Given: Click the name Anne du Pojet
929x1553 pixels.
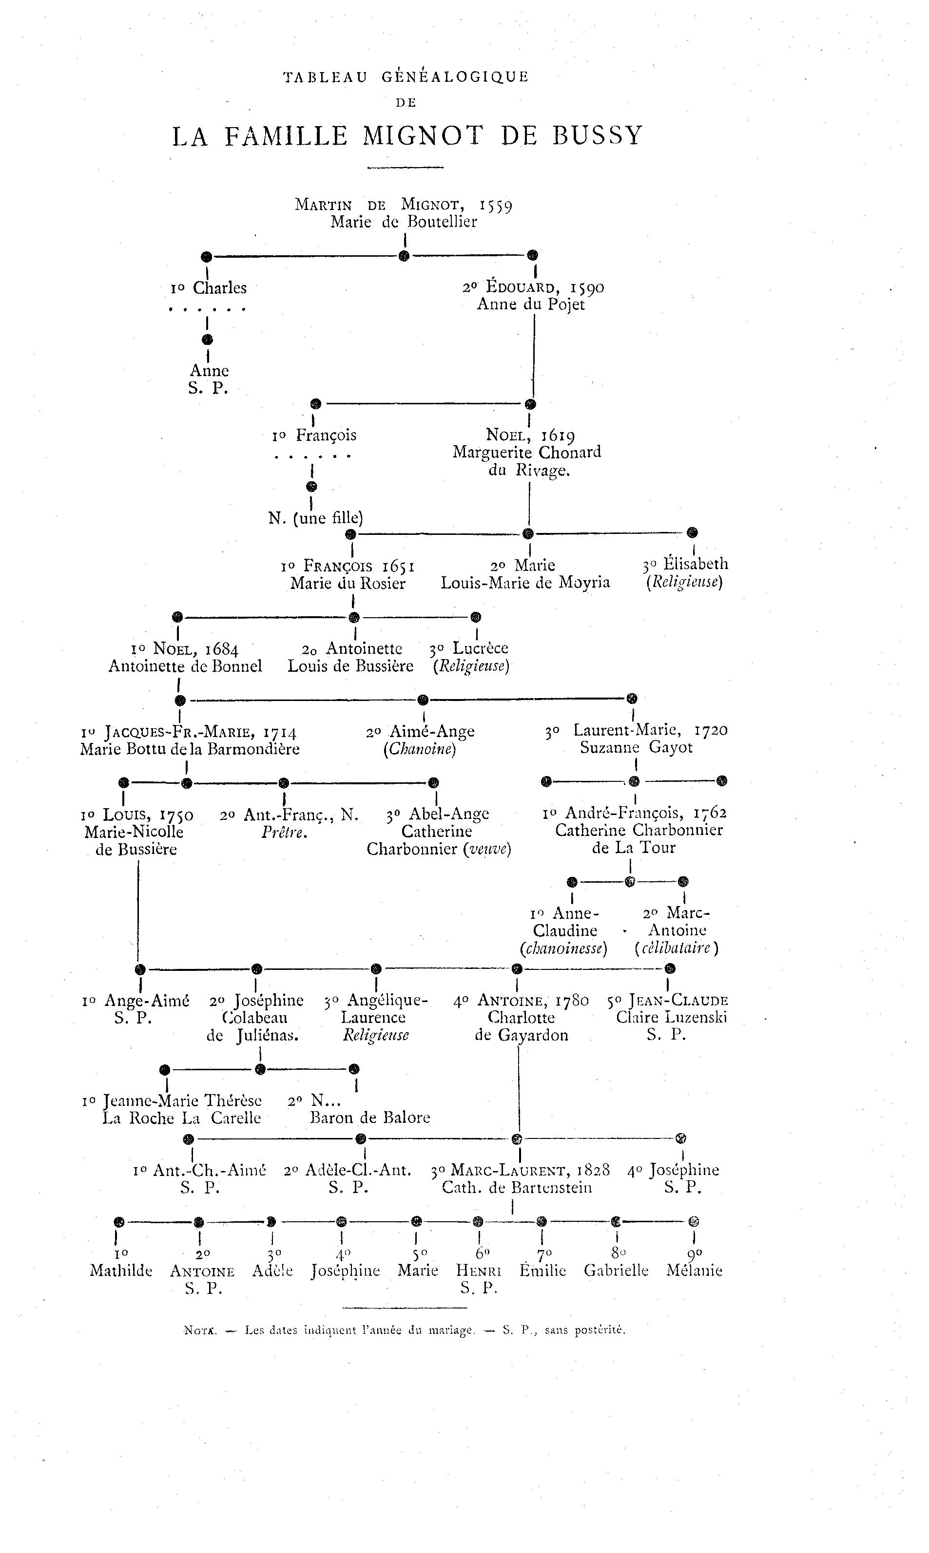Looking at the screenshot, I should (531, 305).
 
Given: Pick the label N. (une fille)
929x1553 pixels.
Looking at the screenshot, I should (315, 518).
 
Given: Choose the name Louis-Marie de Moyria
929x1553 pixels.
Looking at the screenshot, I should (525, 583).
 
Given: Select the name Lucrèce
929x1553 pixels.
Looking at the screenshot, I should (480, 648).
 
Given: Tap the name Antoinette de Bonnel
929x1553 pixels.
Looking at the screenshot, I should (185, 666).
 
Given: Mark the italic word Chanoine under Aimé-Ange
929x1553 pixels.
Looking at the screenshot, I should (420, 749).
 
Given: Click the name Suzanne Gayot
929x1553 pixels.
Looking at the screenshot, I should (636, 748).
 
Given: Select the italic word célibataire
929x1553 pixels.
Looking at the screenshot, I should (676, 948).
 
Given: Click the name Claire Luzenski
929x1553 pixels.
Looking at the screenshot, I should (671, 1018).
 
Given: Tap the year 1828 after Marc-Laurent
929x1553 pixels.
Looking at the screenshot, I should (593, 1170).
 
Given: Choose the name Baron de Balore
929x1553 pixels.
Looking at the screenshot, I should (370, 1117).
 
